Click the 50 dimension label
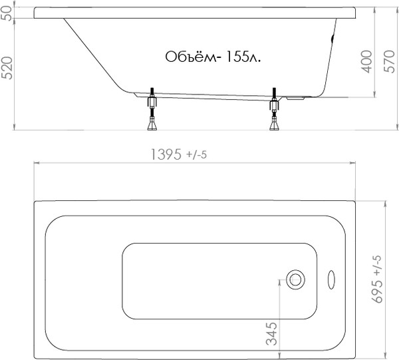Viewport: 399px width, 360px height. coord(7,13)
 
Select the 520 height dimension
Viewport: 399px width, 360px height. coord(7,68)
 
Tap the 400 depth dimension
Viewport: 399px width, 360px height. coord(366,61)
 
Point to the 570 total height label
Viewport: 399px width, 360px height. coord(389,61)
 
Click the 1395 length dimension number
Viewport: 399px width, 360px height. coord(166,154)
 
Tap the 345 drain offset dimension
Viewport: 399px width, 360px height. coord(271,334)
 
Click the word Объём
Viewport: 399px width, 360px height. coord(190,57)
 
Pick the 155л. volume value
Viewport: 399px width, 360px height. coord(243,57)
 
